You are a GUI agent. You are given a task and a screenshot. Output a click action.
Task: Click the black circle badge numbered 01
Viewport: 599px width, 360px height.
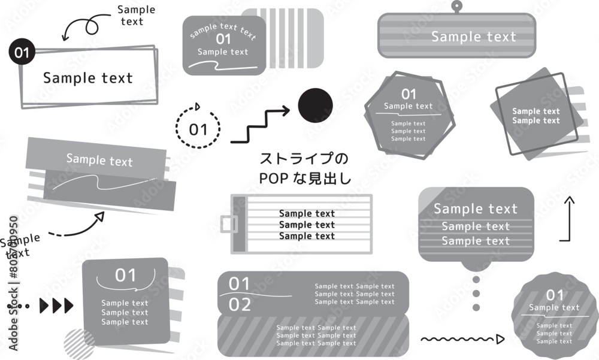coord(22,52)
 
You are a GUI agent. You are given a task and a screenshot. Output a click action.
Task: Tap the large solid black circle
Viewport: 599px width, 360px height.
coord(315,105)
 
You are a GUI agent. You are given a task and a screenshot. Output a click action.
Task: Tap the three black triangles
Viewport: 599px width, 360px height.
coord(56,305)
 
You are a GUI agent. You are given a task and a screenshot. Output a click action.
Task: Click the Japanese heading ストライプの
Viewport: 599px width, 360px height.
coord(304,158)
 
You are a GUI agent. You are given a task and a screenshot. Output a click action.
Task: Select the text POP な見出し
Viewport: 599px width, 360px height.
coord(305,178)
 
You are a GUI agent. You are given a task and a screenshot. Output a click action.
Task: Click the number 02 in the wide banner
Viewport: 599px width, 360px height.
coord(240,305)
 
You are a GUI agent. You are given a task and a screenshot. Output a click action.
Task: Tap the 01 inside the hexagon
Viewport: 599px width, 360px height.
coord(409,94)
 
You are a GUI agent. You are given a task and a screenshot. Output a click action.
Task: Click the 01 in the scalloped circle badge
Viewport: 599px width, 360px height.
coord(555,295)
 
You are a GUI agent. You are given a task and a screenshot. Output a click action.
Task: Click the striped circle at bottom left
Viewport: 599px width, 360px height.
coord(79,344)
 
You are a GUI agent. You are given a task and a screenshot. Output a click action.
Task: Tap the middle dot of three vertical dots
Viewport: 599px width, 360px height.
coord(476,294)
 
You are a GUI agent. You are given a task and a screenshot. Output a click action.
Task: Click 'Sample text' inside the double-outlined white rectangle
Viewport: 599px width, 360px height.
coord(88,78)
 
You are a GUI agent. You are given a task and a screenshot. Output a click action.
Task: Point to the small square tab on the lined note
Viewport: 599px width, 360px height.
coord(229,223)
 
